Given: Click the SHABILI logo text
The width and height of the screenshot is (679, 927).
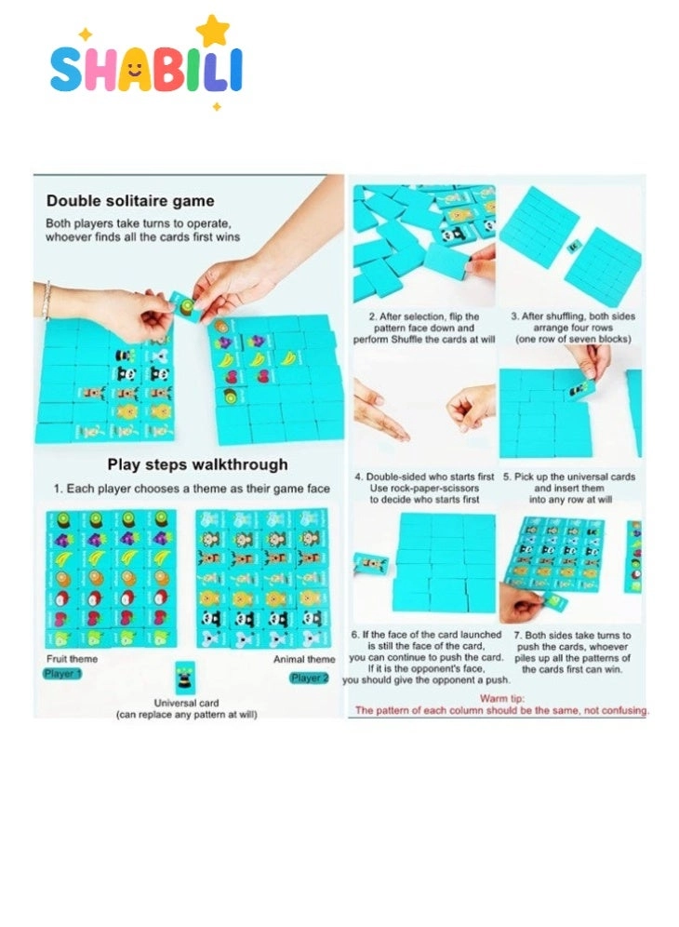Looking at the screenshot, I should coord(145,70).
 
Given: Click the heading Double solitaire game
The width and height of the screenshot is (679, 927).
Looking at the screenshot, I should coord(130,200).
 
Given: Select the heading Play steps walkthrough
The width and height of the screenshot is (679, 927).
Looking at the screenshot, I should coord(197,464).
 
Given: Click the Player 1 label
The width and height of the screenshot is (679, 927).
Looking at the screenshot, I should coord(63,673).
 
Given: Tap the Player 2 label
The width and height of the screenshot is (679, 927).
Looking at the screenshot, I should coord(309,678).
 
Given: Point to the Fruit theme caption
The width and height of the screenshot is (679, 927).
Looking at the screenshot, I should coord(71,659).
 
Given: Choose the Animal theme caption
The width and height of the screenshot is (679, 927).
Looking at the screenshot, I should coord(304,660).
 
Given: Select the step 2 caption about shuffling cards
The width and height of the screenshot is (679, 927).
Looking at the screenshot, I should coord(424,329).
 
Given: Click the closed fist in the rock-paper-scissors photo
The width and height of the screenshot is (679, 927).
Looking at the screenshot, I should coord(472,407).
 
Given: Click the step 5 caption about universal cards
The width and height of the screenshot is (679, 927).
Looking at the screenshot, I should coord(569,488).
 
